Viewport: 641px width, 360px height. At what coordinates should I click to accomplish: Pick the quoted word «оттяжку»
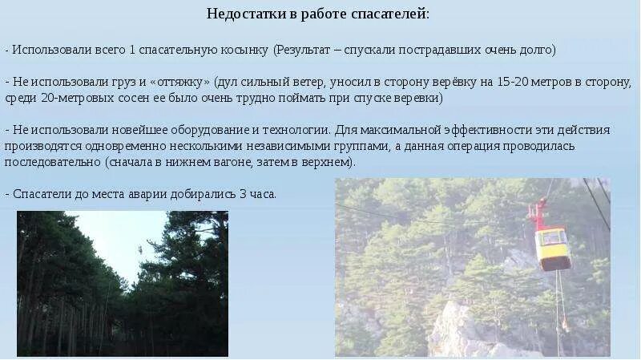tap(180, 82)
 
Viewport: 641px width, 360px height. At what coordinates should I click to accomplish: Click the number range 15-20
tap(513, 82)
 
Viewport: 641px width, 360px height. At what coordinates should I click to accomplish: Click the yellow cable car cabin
tap(553, 245)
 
